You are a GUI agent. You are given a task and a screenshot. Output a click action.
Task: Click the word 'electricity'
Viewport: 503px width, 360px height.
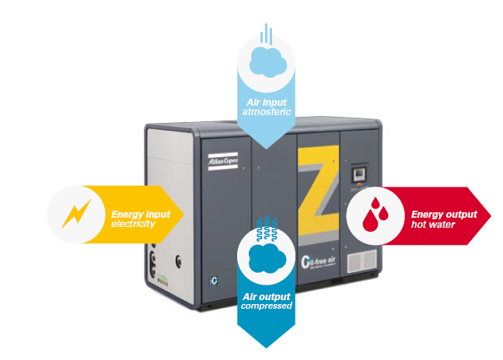tap(134, 224)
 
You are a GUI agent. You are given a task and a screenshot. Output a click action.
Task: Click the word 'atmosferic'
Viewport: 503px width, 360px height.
tap(267, 112)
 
